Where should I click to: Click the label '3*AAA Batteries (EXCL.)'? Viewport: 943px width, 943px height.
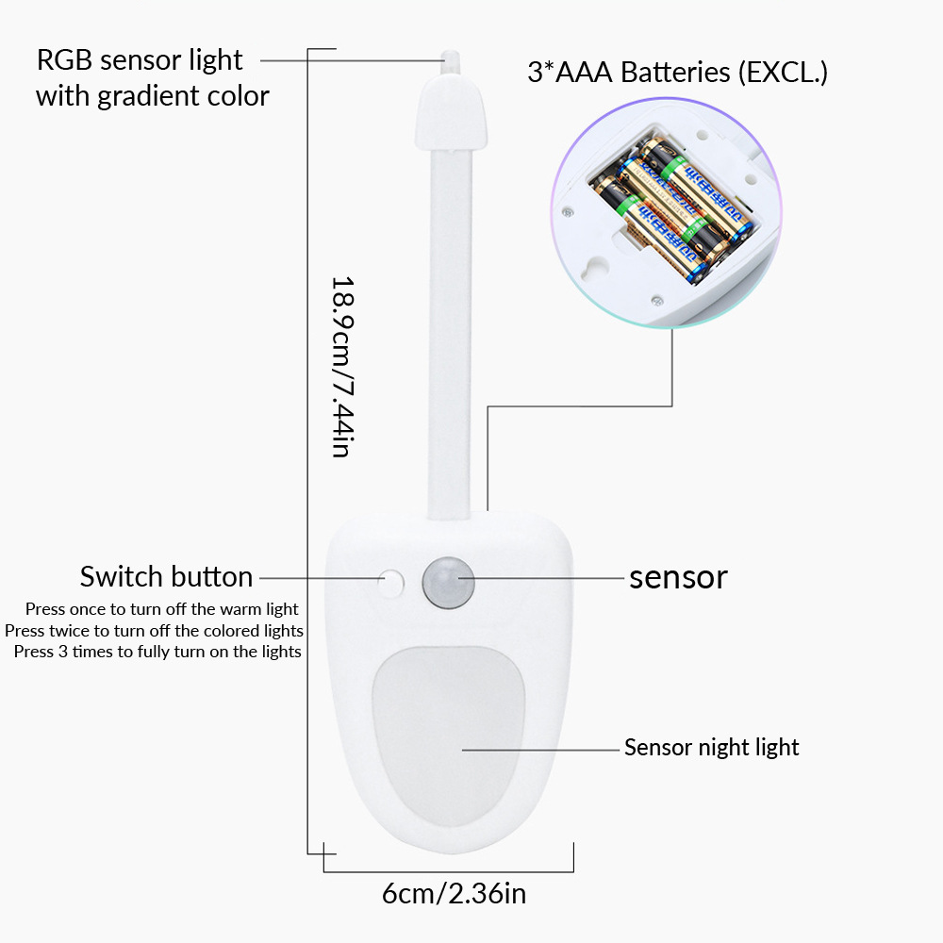coord(676,73)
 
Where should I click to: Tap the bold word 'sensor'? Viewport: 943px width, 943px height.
coord(678,577)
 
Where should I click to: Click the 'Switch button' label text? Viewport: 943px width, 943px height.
coord(166,577)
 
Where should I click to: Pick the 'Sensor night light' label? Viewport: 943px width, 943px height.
coord(711,748)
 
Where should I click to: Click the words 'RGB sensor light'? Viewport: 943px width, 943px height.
coord(140,60)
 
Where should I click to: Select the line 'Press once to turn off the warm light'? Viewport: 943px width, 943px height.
coord(161,609)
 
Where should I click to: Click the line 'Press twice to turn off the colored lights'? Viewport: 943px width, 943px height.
coord(154,631)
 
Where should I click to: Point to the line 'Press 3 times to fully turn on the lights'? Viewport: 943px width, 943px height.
coord(157,652)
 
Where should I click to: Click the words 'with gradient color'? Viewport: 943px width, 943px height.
coord(152,96)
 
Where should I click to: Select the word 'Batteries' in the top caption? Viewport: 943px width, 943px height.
coord(674,73)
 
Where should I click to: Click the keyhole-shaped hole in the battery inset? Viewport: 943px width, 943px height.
coord(596,268)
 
